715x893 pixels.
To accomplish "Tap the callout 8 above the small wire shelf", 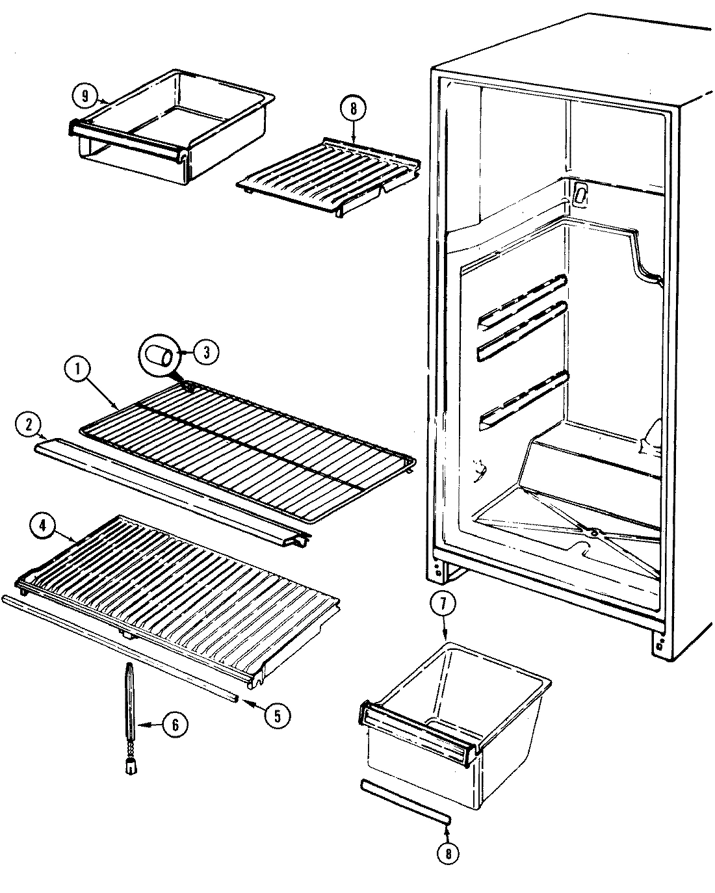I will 353,109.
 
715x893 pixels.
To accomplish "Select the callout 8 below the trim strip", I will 448,853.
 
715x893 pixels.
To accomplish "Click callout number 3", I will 206,353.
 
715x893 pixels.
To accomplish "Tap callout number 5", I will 278,715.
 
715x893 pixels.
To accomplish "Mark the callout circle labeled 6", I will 175,723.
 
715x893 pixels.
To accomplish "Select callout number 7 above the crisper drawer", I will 443,604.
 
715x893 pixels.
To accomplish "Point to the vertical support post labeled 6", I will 130,715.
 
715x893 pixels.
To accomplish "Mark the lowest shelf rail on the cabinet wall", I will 523,399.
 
